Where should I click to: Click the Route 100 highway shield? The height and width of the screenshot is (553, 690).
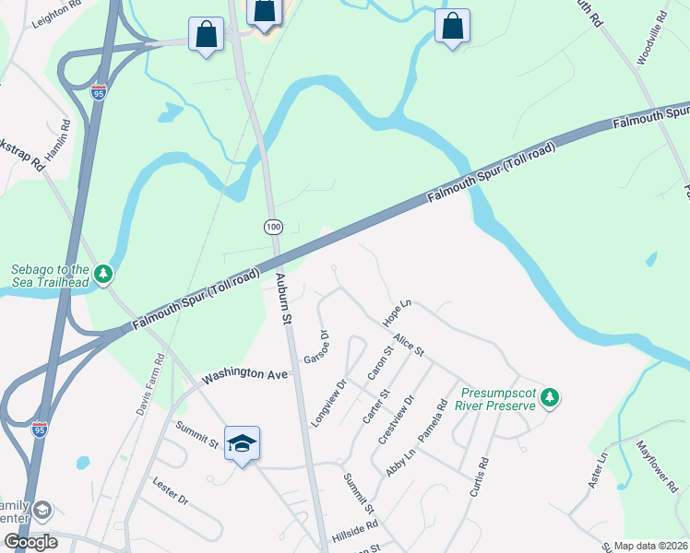[276, 226]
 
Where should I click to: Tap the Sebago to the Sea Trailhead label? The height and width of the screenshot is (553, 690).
[51, 276]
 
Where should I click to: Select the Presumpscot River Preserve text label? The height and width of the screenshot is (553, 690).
[499, 398]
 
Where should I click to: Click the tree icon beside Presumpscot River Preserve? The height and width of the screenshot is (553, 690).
[550, 397]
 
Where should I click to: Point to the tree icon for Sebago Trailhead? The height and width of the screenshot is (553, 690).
[104, 274]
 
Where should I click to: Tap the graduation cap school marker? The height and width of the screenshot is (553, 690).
[242, 444]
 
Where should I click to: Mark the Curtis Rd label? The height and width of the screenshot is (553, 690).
[479, 477]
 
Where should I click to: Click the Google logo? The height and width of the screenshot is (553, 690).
[30, 542]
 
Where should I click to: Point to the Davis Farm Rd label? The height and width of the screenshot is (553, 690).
[150, 383]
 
